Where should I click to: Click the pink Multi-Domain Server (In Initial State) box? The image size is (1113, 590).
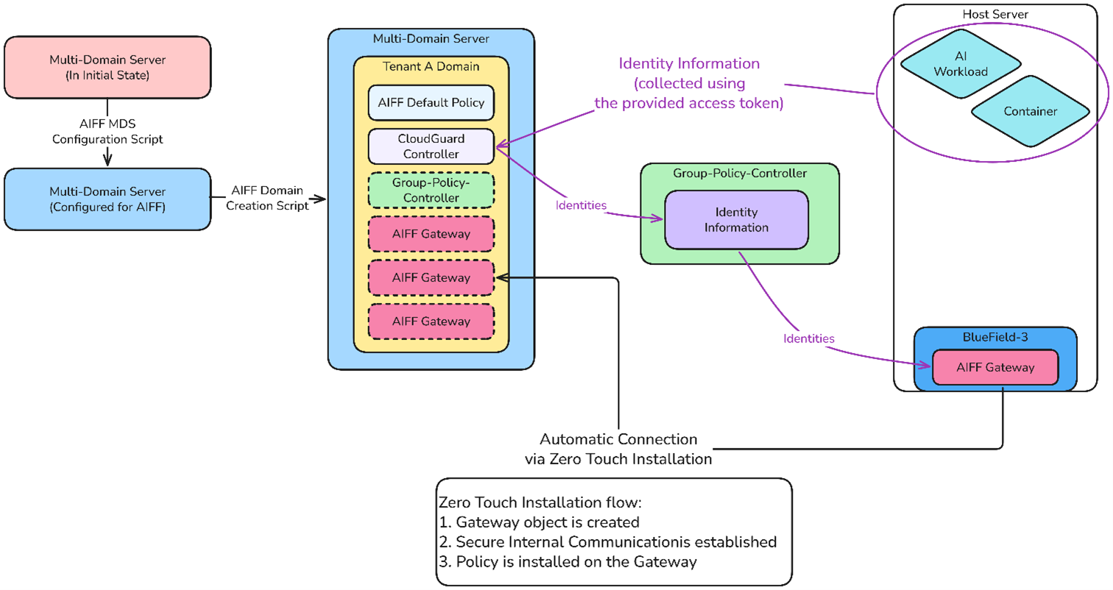107,67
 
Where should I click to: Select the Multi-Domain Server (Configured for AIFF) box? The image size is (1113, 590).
107,199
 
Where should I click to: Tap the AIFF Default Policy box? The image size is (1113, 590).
431,102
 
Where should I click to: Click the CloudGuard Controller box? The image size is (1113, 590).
431,146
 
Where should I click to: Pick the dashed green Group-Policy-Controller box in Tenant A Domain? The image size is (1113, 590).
431,190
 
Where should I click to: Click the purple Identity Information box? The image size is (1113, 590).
736,220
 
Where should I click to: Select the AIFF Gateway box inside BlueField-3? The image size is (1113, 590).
994,367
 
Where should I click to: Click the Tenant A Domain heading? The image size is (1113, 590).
431,66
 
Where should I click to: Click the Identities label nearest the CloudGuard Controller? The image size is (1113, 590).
582,205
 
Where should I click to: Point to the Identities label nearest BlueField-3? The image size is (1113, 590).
808,339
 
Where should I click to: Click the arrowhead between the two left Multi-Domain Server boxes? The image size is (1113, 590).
108,157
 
